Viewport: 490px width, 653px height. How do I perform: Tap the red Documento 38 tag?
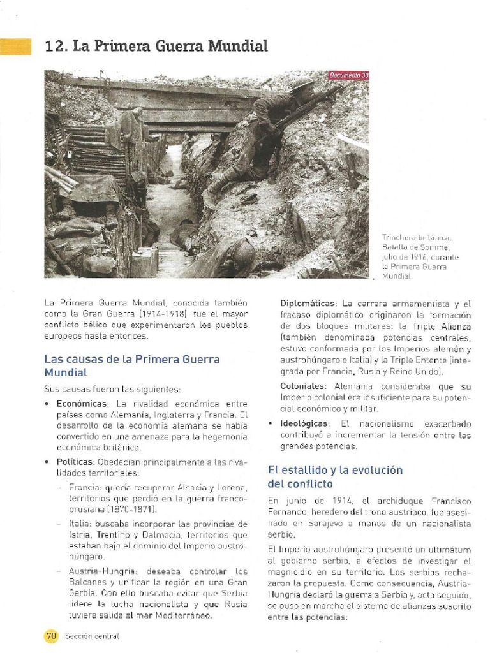[x=348, y=75]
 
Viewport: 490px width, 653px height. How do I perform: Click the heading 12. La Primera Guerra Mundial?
[x=156, y=46]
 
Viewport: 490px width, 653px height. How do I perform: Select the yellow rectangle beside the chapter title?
[x=15, y=47]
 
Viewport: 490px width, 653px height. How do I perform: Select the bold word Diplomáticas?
[x=308, y=304]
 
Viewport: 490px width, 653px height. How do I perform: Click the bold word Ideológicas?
[x=305, y=423]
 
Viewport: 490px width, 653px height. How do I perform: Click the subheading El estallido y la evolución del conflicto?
[x=335, y=477]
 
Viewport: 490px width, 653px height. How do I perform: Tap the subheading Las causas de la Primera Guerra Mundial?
[x=131, y=365]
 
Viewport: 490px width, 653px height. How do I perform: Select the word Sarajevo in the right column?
[x=309, y=524]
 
